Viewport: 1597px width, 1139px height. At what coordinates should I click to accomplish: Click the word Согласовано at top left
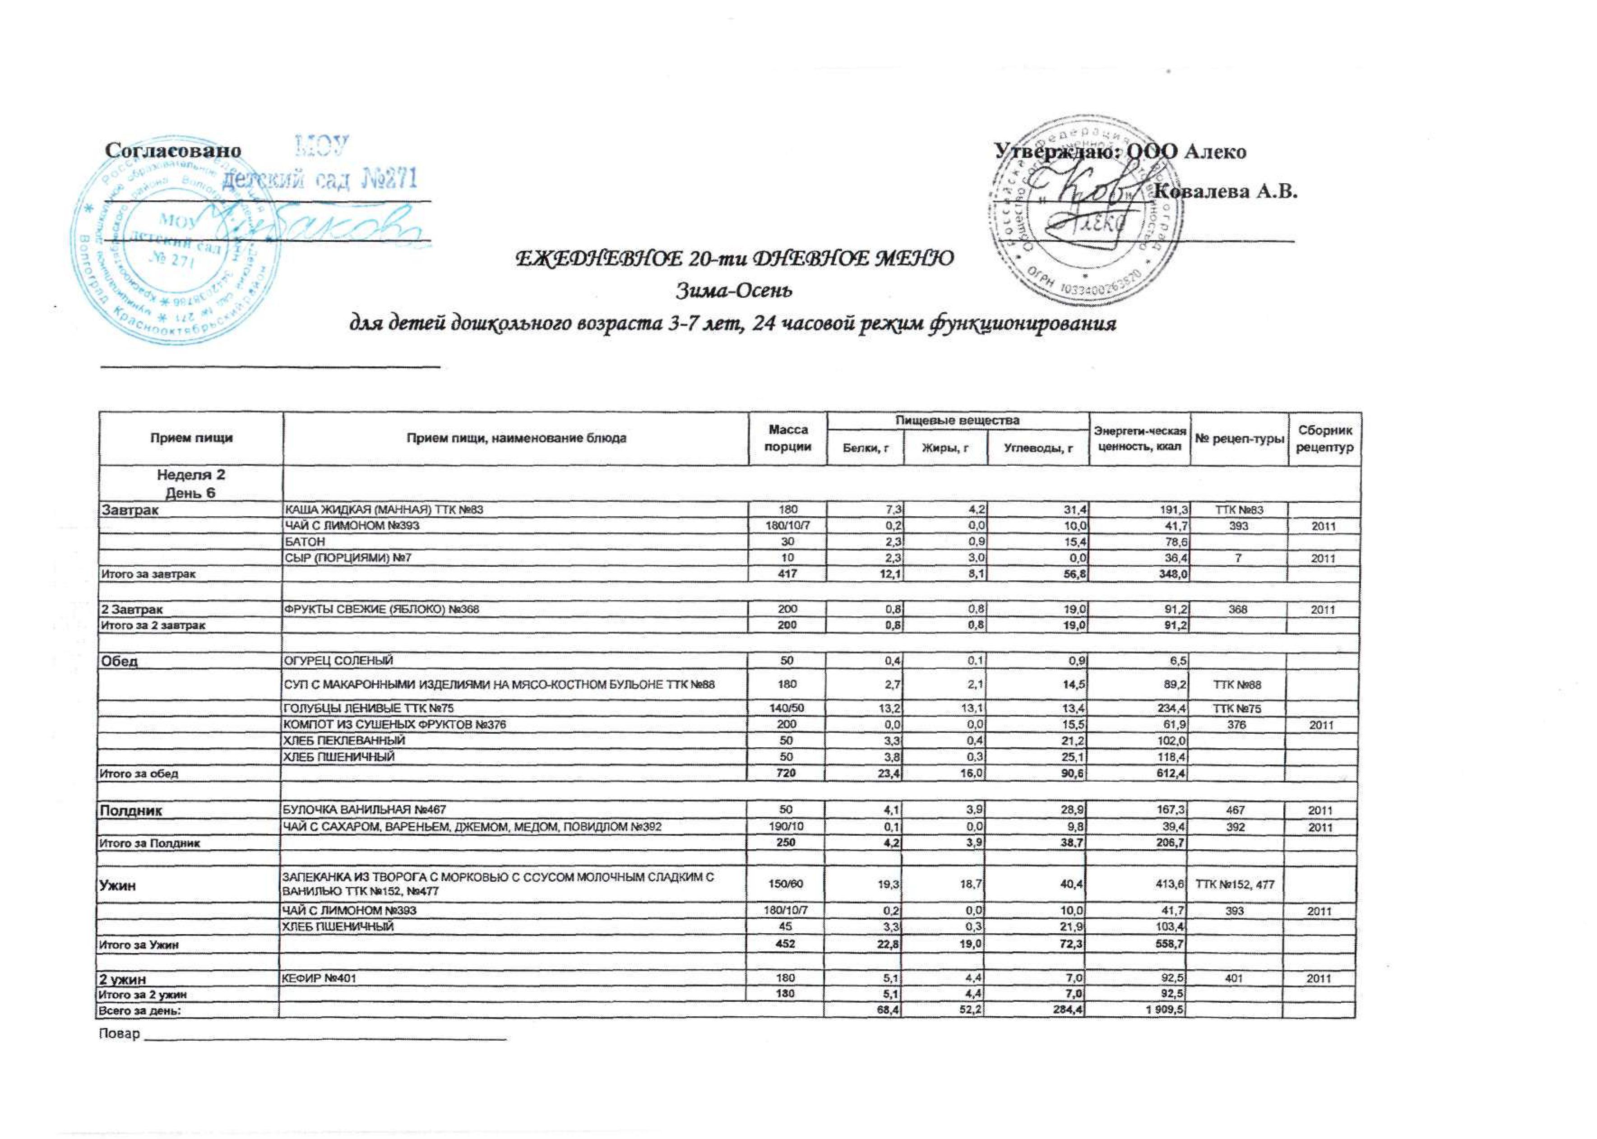[x=172, y=151]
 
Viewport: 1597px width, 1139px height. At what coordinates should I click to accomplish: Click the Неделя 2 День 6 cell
[x=191, y=484]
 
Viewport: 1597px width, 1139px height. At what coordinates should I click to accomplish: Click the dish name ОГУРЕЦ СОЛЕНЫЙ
[x=338, y=661]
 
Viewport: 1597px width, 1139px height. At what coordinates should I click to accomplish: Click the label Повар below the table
[x=120, y=1034]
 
